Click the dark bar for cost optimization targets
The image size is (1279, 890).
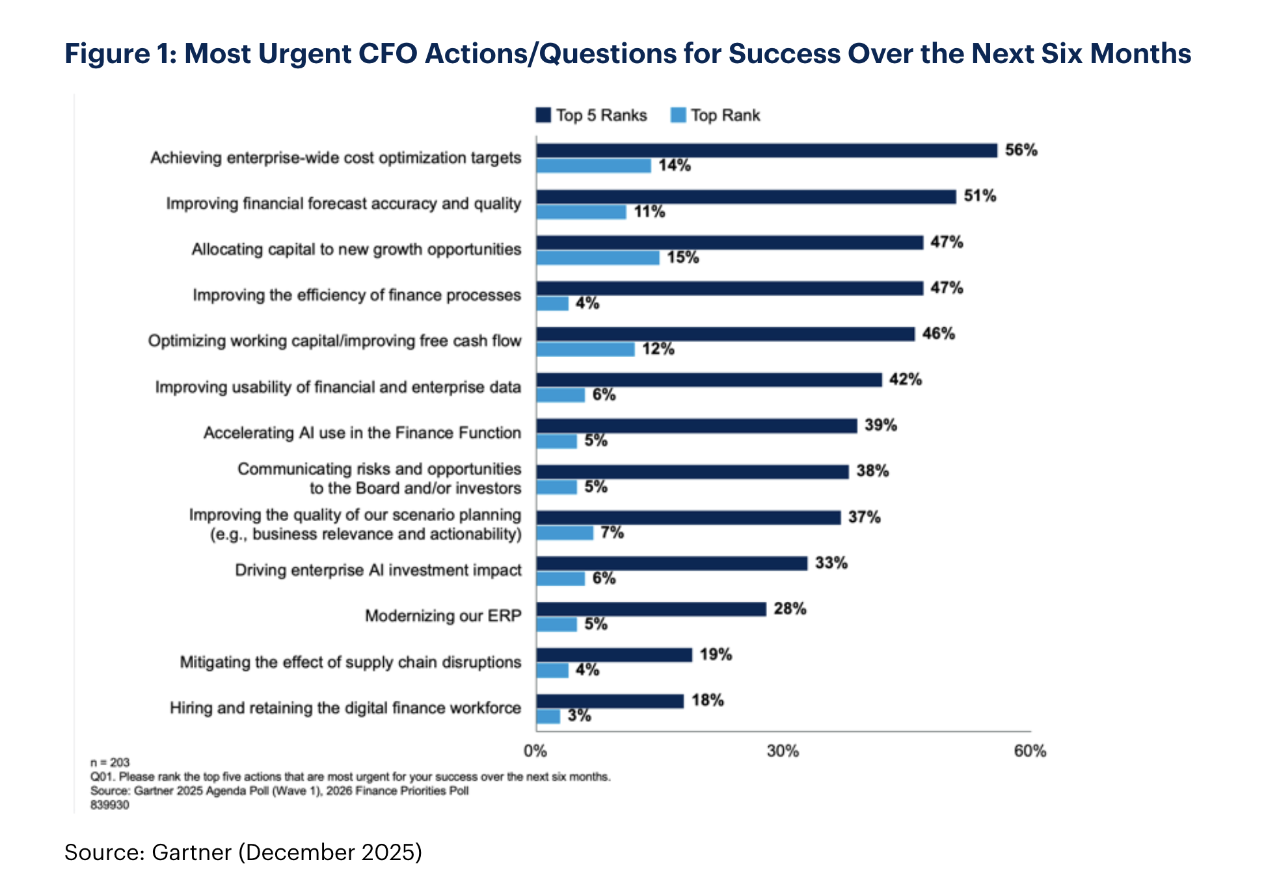766,150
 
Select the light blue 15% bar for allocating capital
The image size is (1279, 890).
598,258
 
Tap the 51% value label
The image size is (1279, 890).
980,196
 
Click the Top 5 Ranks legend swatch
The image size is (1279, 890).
543,115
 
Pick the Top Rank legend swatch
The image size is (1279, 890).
678,115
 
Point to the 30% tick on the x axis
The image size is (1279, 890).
783,751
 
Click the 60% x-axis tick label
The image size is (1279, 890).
1030,751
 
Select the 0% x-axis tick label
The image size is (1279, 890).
535,751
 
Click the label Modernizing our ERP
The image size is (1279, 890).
443,615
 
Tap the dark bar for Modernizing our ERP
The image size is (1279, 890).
651,609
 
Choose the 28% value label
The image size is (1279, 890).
790,609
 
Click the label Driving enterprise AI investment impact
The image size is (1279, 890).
378,570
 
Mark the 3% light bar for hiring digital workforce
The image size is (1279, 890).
548,716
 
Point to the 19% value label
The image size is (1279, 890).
716,654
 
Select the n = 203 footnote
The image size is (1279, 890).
110,762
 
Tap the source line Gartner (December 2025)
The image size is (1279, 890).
243,852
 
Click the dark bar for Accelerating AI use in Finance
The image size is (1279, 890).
696,425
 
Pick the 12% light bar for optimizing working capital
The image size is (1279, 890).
586,349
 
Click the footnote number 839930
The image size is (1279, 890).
110,805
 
